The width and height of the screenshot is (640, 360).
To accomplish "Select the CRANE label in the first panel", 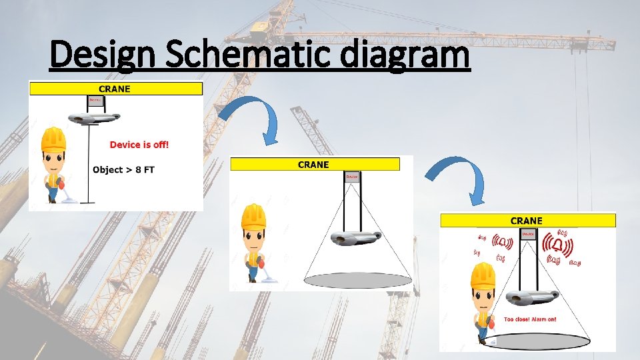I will (x=115, y=89).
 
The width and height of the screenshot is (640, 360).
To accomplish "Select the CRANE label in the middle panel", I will (x=313, y=164).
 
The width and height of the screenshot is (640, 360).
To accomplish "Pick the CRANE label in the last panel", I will (x=527, y=221).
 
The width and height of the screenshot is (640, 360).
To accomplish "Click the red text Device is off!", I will (x=139, y=145).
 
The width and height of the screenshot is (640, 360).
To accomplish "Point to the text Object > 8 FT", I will (x=123, y=169).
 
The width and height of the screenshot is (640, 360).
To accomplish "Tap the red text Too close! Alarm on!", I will (x=530, y=319).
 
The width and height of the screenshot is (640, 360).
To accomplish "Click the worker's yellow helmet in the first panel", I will (x=53, y=139).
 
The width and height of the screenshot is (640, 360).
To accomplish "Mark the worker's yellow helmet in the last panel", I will (x=482, y=274).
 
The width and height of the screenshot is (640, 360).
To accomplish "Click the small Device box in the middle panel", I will (x=352, y=177).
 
